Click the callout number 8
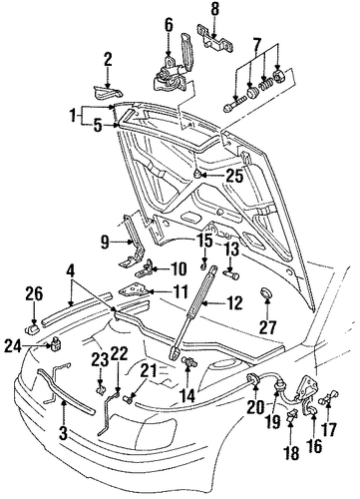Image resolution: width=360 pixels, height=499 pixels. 215,10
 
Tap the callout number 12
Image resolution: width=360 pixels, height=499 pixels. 233,303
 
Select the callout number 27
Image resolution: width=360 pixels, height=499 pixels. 267,326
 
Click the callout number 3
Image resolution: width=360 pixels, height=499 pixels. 64,433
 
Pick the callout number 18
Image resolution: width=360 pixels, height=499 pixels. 292,453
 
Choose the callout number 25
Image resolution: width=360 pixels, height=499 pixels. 234,176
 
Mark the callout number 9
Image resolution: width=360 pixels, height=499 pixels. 105,243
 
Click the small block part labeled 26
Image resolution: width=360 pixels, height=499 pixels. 32,330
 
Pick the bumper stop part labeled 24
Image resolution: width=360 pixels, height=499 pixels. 56,343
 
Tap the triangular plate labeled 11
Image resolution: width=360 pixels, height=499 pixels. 134,289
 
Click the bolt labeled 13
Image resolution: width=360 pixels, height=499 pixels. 232,274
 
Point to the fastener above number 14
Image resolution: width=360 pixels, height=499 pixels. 187,362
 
